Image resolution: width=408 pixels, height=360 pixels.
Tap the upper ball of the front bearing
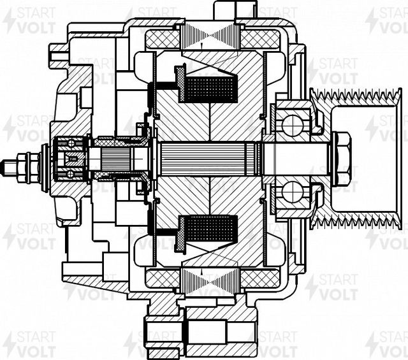pyautogui.click(x=293, y=126)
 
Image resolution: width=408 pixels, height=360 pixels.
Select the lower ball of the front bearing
pyautogui.click(x=293, y=192)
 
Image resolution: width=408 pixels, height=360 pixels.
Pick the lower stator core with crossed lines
pyautogui.click(x=210, y=280)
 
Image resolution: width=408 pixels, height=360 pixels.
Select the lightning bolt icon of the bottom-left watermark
pyautogui.click(x=10, y=344)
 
